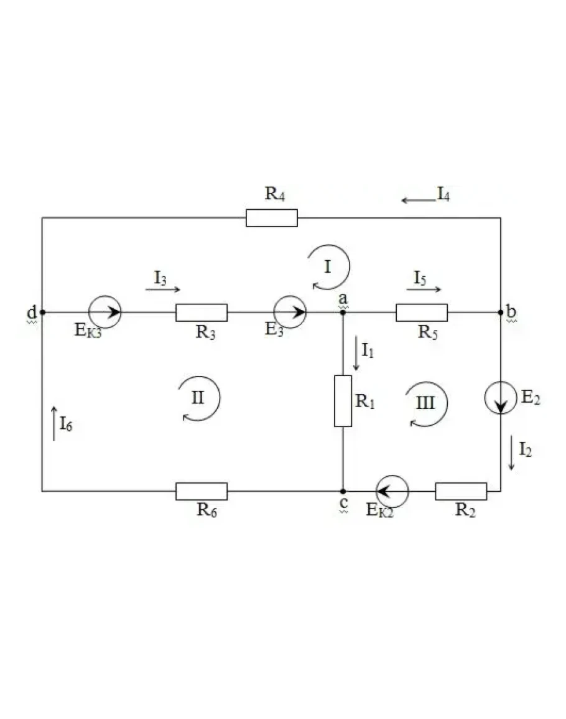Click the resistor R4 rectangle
271,218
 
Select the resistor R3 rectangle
201,313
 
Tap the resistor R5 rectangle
422,313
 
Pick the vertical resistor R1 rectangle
343,401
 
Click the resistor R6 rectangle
201,491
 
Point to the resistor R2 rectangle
461,491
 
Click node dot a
343,313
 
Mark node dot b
501,313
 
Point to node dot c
343,491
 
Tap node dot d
43,313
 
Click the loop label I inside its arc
327,266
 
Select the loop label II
198,398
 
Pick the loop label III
425,403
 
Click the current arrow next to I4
418,200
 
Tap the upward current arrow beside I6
54,423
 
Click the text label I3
160,278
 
